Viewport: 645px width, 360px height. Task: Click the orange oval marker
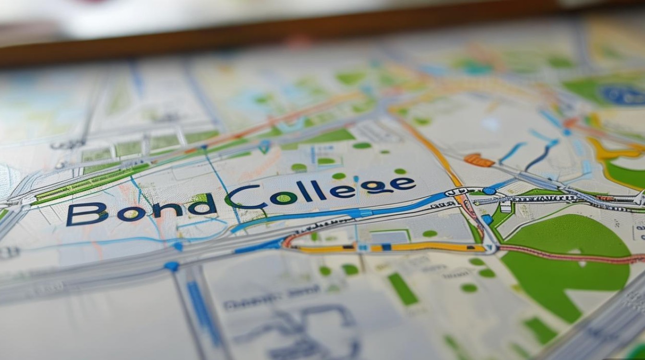(478, 160)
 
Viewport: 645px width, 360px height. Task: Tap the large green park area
(566, 269)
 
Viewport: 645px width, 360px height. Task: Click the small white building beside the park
(505, 207)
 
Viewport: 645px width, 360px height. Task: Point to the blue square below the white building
(488, 219)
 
